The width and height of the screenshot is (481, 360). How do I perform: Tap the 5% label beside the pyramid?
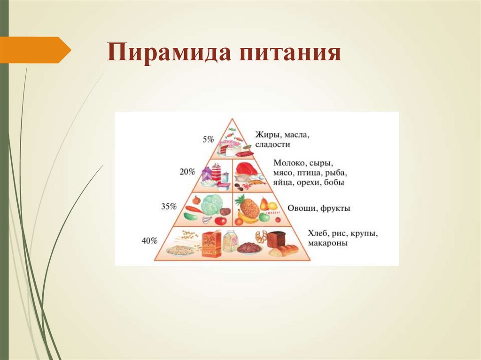click(x=208, y=139)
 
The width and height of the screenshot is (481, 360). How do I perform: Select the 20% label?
click(x=187, y=172)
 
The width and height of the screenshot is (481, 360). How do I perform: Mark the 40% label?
click(x=149, y=241)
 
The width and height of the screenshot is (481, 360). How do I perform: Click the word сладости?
click(x=273, y=144)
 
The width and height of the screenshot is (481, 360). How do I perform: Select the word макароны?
click(x=328, y=243)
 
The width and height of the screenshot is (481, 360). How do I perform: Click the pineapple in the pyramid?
click(x=249, y=207)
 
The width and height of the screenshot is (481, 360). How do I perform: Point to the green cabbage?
click(x=211, y=205)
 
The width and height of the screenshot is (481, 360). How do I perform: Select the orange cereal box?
click(x=211, y=244)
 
